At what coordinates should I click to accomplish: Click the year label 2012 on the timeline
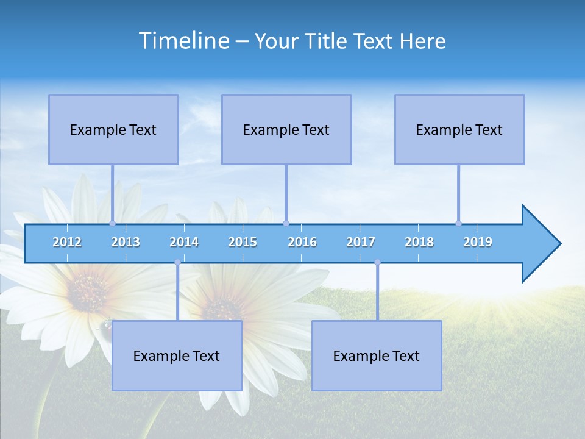[x=67, y=242]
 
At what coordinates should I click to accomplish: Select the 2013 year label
[x=126, y=242]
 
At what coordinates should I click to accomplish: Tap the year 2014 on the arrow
[x=184, y=242]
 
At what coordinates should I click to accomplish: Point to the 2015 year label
[x=243, y=242]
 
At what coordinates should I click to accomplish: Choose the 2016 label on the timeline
[x=302, y=242]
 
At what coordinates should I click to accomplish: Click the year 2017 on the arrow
[x=361, y=242]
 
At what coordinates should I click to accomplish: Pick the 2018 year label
[x=419, y=242]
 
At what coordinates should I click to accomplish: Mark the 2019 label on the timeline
[x=478, y=242]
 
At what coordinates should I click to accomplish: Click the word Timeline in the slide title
[x=183, y=41]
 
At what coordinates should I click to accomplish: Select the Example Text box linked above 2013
[x=113, y=129]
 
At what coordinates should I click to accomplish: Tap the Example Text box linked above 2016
[x=286, y=129]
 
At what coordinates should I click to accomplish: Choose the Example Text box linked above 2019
[x=459, y=129]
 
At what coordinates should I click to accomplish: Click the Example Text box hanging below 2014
[x=177, y=355]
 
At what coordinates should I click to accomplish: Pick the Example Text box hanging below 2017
[x=377, y=355]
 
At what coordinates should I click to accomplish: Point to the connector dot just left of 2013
[x=112, y=223]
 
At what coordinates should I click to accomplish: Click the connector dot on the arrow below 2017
[x=377, y=262]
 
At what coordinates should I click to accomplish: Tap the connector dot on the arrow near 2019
[x=458, y=223]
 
